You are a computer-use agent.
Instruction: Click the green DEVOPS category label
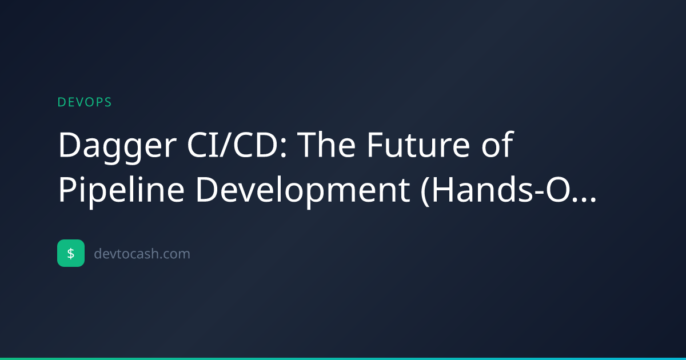[x=85, y=102]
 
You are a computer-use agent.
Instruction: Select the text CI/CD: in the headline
[x=237, y=145]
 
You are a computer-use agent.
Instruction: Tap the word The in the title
[x=326, y=144]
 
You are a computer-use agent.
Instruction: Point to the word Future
[x=418, y=145]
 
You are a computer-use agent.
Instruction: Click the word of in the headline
[x=497, y=144]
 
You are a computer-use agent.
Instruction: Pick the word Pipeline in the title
[x=122, y=190]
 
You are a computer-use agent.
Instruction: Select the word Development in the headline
[x=302, y=190]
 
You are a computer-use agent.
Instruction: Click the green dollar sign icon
[x=71, y=253]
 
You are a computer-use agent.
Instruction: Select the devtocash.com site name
[x=142, y=254]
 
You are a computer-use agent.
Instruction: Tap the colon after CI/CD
[x=284, y=149]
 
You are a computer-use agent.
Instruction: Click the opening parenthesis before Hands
[x=425, y=191]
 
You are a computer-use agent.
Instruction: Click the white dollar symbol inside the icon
[x=71, y=254]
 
